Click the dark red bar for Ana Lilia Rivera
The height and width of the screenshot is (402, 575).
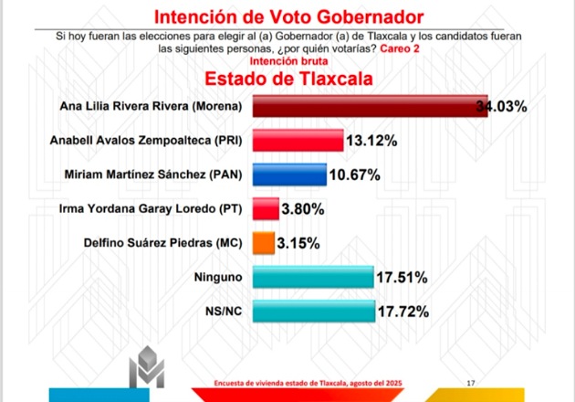[370, 106]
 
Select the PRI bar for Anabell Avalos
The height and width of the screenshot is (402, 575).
[298, 140]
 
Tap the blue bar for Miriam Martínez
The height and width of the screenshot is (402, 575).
[289, 175]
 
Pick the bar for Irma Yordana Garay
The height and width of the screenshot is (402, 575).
[266, 208]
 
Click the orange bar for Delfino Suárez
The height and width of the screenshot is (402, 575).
[264, 243]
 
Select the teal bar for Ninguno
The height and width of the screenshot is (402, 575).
[313, 277]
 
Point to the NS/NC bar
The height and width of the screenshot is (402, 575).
[314, 311]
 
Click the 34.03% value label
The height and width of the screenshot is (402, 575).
[502, 107]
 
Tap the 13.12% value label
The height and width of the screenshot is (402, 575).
[371, 141]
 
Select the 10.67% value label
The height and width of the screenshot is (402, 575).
[355, 175]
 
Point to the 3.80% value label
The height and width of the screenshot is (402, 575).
[303, 209]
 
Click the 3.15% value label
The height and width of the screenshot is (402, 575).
[298, 243]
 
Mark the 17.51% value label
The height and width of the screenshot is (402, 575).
[402, 278]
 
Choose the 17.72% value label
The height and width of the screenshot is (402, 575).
[403, 312]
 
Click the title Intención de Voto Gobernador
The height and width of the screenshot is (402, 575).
[289, 16]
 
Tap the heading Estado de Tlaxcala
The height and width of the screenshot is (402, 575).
[288, 79]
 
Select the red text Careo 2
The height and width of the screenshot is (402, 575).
[400, 48]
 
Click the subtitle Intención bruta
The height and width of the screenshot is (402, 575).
[288, 61]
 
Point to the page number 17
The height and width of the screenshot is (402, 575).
[471, 383]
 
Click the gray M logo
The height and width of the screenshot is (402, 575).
[147, 366]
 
